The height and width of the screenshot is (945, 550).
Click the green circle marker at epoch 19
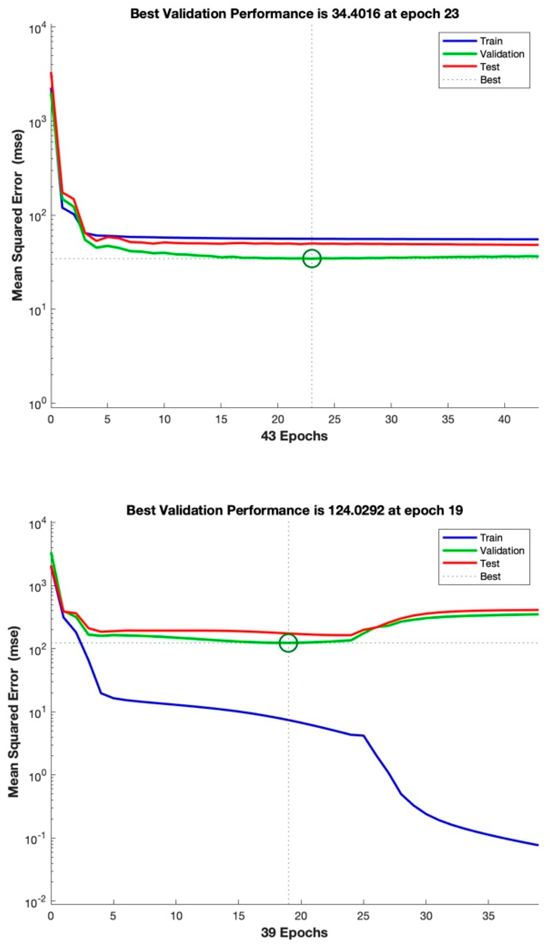[x=288, y=643]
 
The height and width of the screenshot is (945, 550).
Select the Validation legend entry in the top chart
[x=501, y=54]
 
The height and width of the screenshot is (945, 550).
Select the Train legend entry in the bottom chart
[x=491, y=538]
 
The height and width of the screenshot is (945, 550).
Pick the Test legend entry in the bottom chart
[x=490, y=563]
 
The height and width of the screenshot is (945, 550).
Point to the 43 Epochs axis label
[x=294, y=436]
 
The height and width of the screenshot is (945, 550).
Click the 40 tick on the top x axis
[x=504, y=419]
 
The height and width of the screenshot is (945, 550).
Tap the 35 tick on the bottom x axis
[x=488, y=916]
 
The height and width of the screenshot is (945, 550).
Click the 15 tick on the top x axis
[x=221, y=419]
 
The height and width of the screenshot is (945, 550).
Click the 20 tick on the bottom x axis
[x=301, y=916]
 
